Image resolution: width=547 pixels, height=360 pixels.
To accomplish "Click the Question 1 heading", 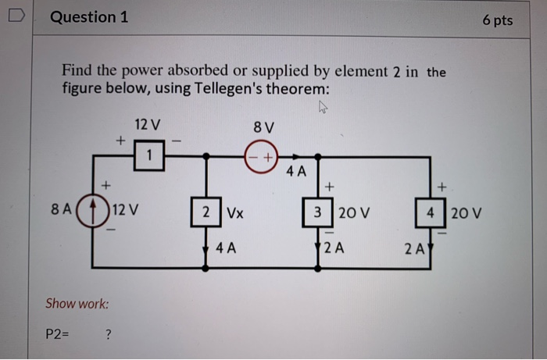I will [90, 17].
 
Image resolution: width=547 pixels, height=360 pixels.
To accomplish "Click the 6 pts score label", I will [498, 20].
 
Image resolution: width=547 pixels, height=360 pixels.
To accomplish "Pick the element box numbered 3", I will [318, 212].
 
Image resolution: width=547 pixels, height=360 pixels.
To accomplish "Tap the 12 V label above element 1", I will [147, 124].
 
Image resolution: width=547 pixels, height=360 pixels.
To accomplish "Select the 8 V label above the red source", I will [264, 127].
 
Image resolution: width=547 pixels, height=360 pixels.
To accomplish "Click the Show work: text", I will [77, 303].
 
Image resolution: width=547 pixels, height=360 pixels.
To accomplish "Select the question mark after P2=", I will [108, 334].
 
